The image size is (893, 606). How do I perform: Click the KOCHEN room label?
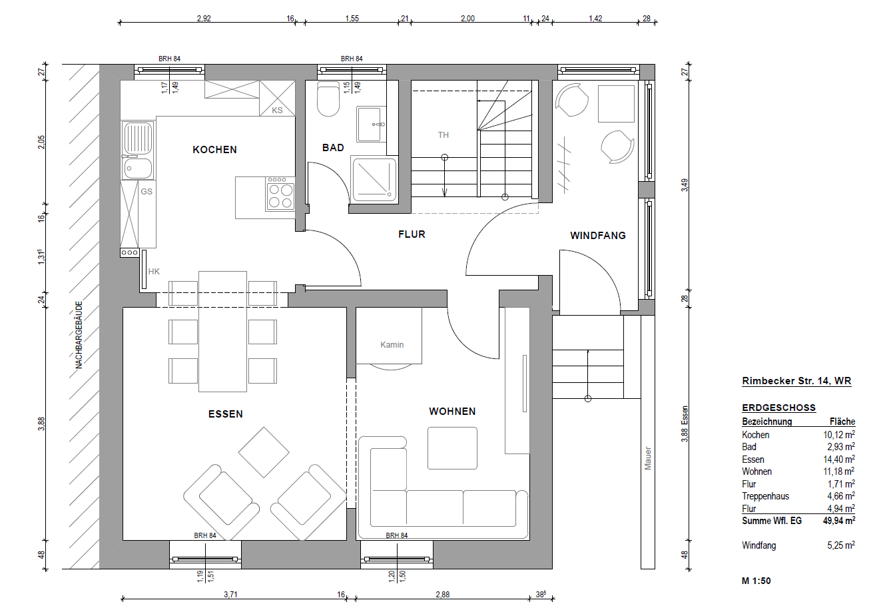click(214, 150)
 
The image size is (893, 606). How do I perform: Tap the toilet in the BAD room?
click(328, 99)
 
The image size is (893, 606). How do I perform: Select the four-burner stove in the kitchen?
click(280, 194)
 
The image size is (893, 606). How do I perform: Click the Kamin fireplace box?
click(389, 335)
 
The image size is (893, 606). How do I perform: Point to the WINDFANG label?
click(597, 236)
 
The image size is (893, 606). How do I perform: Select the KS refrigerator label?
click(277, 110)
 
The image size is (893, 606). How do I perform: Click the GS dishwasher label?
click(147, 191)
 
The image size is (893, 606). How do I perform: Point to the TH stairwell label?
click(444, 135)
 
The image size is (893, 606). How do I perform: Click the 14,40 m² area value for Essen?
click(839, 459)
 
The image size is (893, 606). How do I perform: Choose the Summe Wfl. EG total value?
click(839, 520)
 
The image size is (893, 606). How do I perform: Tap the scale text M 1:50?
click(756, 581)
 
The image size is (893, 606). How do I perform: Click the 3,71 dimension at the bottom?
click(230, 595)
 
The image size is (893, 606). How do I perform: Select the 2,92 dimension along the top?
click(204, 19)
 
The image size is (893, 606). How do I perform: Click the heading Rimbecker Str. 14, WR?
click(796, 381)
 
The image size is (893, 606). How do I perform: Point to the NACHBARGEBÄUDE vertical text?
click(79, 335)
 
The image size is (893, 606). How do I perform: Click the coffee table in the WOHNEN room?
click(452, 448)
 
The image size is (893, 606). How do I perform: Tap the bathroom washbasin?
click(371, 124)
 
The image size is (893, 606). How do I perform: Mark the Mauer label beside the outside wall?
click(647, 458)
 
